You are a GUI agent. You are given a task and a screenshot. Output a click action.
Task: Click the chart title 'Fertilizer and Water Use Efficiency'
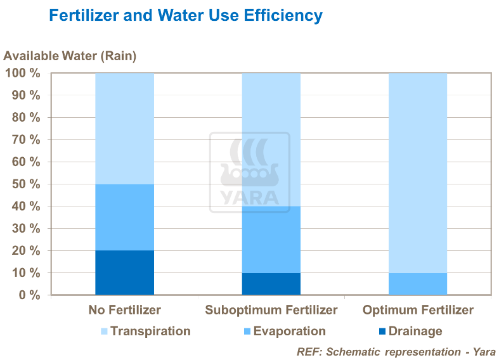click(x=186, y=15)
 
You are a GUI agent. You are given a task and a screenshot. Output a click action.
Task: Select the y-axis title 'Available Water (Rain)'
click(x=70, y=56)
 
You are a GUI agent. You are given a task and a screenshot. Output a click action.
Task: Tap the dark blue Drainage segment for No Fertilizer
click(x=124, y=273)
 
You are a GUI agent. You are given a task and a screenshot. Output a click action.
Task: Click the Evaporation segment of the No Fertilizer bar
click(x=124, y=217)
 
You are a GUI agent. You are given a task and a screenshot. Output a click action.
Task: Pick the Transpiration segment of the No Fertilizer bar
click(x=124, y=129)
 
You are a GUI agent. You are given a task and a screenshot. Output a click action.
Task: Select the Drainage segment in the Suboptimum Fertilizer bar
click(x=271, y=284)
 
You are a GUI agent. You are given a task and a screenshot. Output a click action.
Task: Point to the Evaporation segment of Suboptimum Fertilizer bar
click(x=271, y=240)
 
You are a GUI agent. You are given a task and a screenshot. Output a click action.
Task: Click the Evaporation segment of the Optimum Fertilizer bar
click(x=417, y=284)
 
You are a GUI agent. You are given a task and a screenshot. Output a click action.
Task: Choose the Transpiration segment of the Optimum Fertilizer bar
click(x=417, y=173)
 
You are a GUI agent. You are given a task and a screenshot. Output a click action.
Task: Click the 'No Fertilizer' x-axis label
click(x=125, y=311)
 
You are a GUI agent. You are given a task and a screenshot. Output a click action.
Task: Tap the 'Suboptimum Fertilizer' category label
click(x=271, y=311)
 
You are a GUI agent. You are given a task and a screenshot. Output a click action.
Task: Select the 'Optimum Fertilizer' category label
click(x=418, y=311)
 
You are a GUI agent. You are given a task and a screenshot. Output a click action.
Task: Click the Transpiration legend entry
click(x=145, y=331)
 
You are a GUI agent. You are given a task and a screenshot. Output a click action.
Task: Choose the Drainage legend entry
click(x=411, y=331)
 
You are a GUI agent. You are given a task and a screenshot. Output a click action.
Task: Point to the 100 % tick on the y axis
click(x=22, y=74)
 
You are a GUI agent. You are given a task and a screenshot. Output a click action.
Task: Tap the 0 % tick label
click(x=28, y=295)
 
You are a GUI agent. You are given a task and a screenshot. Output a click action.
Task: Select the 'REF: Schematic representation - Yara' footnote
click(x=396, y=351)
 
